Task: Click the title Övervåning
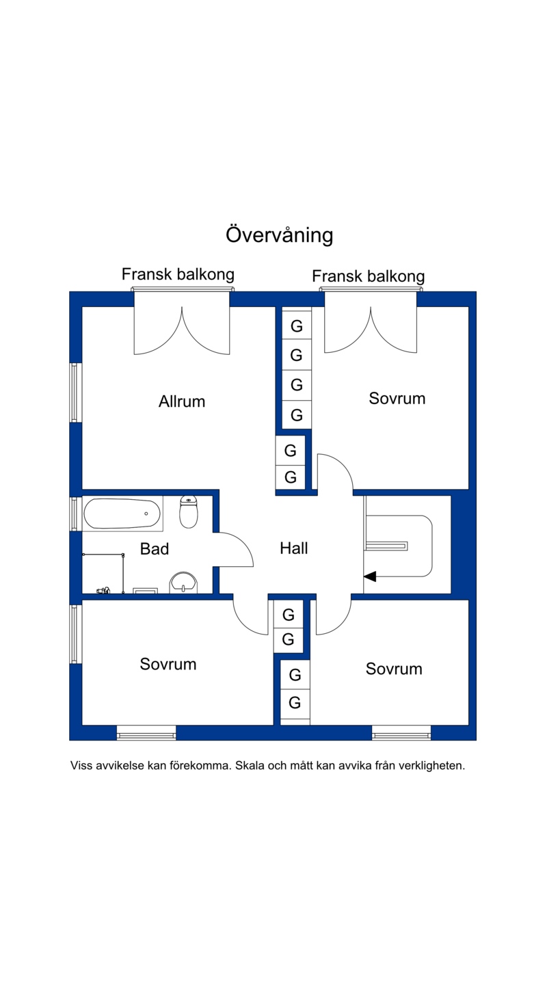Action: click(x=279, y=235)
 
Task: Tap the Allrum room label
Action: click(x=182, y=401)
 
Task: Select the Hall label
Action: click(x=294, y=548)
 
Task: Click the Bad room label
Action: click(x=155, y=548)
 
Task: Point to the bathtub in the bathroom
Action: click(x=122, y=514)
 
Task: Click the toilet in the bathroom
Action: click(x=189, y=511)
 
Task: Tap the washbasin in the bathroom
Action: click(x=183, y=583)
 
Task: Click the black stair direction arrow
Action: click(x=369, y=576)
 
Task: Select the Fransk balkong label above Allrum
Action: click(x=178, y=274)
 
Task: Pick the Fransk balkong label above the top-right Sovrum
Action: click(x=368, y=276)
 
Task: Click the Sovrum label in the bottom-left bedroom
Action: click(x=168, y=664)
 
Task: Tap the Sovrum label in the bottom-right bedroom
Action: click(x=394, y=669)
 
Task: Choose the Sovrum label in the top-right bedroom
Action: click(x=397, y=398)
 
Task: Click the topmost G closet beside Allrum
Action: click(x=297, y=326)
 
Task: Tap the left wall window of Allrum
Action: click(x=75, y=393)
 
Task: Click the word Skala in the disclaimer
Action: click(x=250, y=766)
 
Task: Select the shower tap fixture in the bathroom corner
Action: click(x=103, y=589)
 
